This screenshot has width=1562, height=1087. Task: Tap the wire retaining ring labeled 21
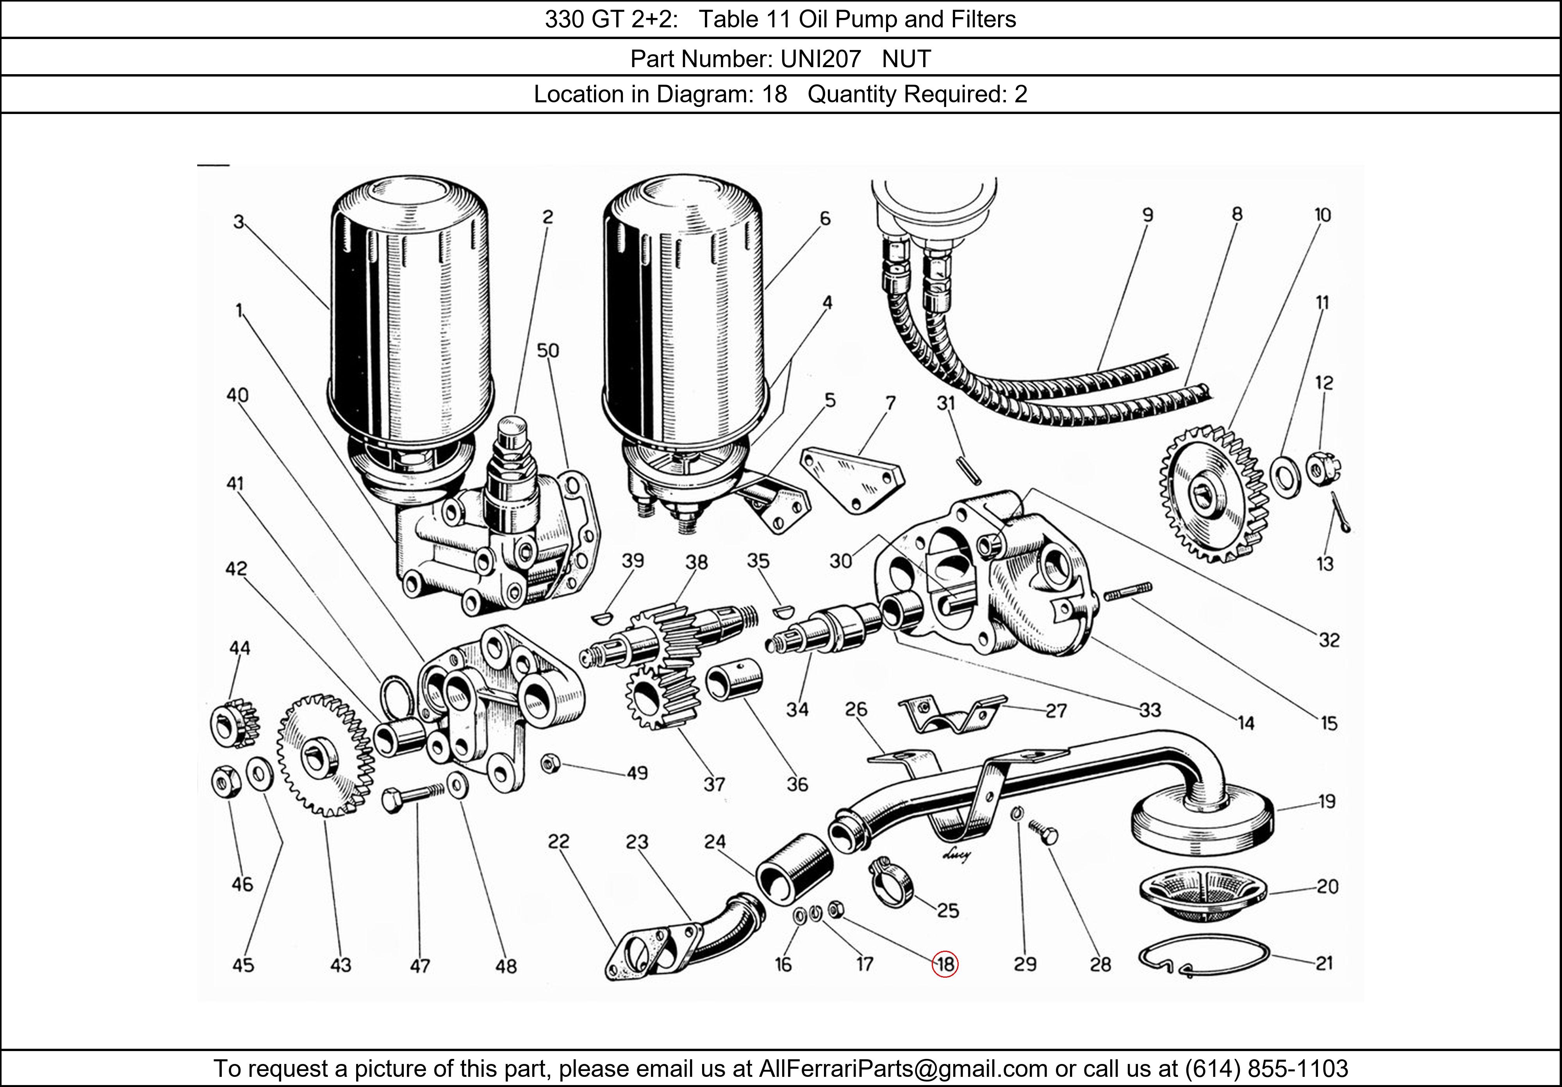click(x=1203, y=956)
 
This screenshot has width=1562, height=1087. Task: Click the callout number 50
click(x=547, y=350)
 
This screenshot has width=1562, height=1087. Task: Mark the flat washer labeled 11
click(x=1284, y=477)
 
